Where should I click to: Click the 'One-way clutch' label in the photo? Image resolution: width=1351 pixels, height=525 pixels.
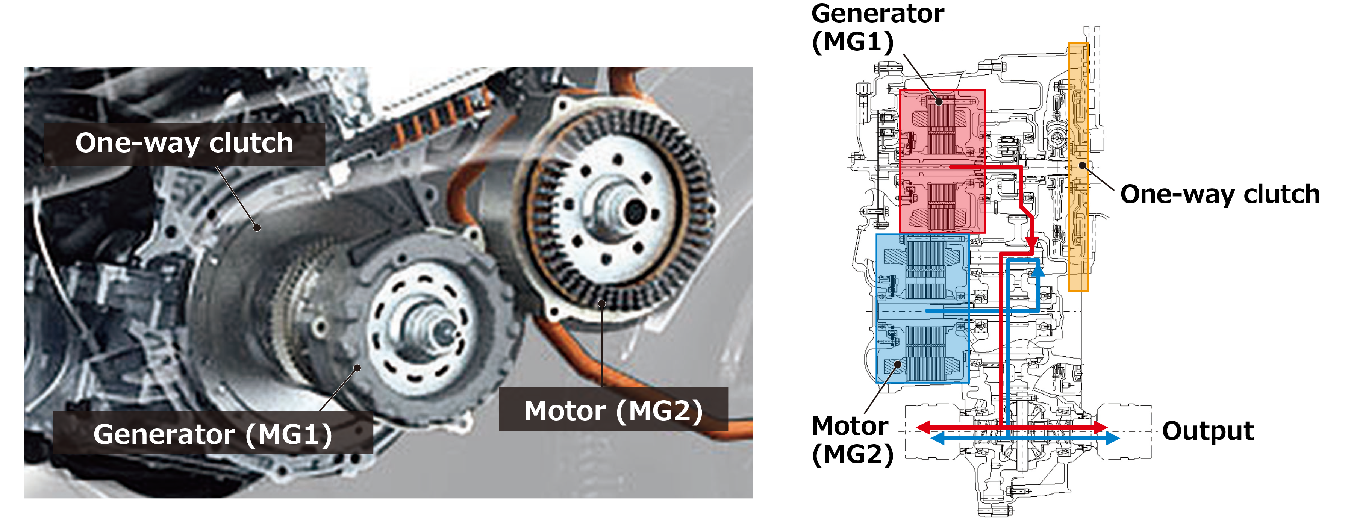[184, 144]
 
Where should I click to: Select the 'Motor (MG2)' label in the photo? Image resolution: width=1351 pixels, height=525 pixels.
[613, 410]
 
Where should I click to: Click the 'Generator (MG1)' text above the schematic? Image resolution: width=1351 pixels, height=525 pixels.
[877, 27]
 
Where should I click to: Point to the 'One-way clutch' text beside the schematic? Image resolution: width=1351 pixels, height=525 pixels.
[1219, 194]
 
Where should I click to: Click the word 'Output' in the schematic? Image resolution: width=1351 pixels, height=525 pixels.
[1207, 431]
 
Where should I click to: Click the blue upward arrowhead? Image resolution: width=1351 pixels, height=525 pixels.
[1037, 271]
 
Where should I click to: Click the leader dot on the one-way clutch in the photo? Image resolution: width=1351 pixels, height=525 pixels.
[257, 228]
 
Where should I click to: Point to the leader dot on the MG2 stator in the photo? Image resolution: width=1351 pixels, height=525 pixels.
[603, 303]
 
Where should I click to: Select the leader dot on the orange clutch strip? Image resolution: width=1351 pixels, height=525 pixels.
[1082, 166]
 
